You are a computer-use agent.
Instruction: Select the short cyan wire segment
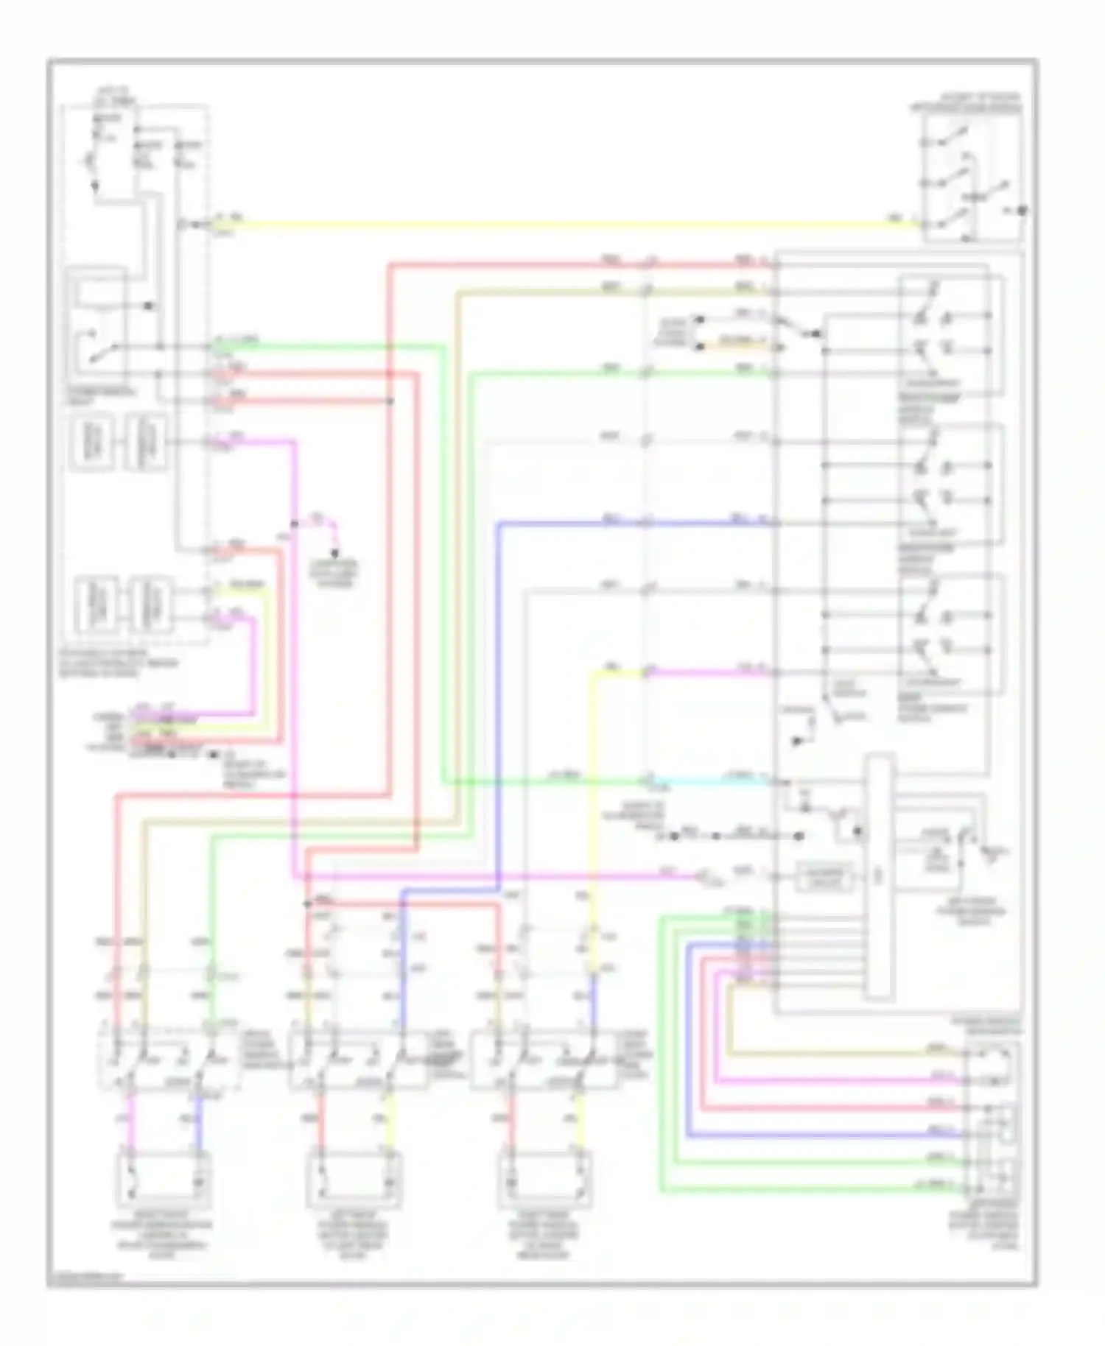point(707,779)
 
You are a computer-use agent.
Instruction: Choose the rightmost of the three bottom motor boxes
point(546,1179)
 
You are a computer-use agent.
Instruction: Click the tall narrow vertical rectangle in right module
point(880,876)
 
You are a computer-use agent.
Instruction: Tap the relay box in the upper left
point(96,324)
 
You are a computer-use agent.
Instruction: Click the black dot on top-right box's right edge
point(1022,211)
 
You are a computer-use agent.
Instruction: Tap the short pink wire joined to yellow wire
point(707,672)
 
